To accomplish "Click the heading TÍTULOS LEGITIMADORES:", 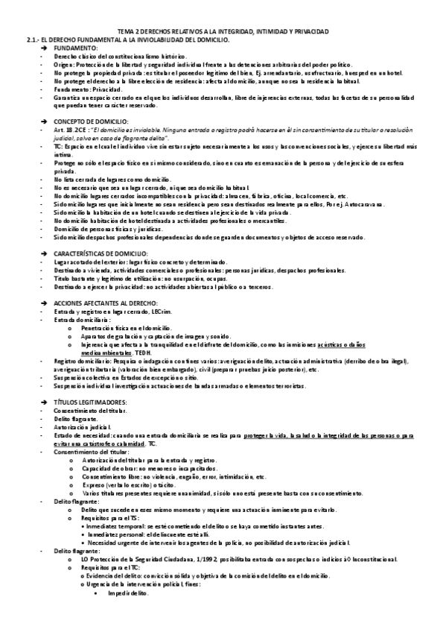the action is point(90,402).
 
